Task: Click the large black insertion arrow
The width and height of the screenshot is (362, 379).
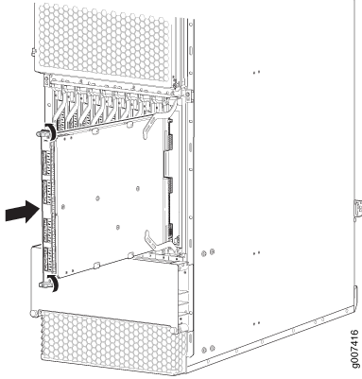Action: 23,212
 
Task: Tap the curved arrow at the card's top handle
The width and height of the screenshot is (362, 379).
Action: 52,130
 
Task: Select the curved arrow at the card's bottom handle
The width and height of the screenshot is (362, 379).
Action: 54,282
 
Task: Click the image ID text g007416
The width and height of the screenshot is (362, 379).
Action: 354,349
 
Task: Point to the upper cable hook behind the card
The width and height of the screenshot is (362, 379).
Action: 158,121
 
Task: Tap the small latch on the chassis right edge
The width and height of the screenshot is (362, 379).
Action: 357,209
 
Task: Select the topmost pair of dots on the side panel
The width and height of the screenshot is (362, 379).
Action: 256,72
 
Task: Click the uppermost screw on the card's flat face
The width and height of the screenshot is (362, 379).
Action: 138,188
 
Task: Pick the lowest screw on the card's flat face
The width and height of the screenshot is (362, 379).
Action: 118,227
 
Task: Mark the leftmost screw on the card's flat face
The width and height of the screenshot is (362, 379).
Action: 63,207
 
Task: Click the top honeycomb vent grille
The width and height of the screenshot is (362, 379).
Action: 105,41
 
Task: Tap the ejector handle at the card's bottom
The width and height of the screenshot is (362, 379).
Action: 44,284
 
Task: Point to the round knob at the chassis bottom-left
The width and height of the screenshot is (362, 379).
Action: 32,314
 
